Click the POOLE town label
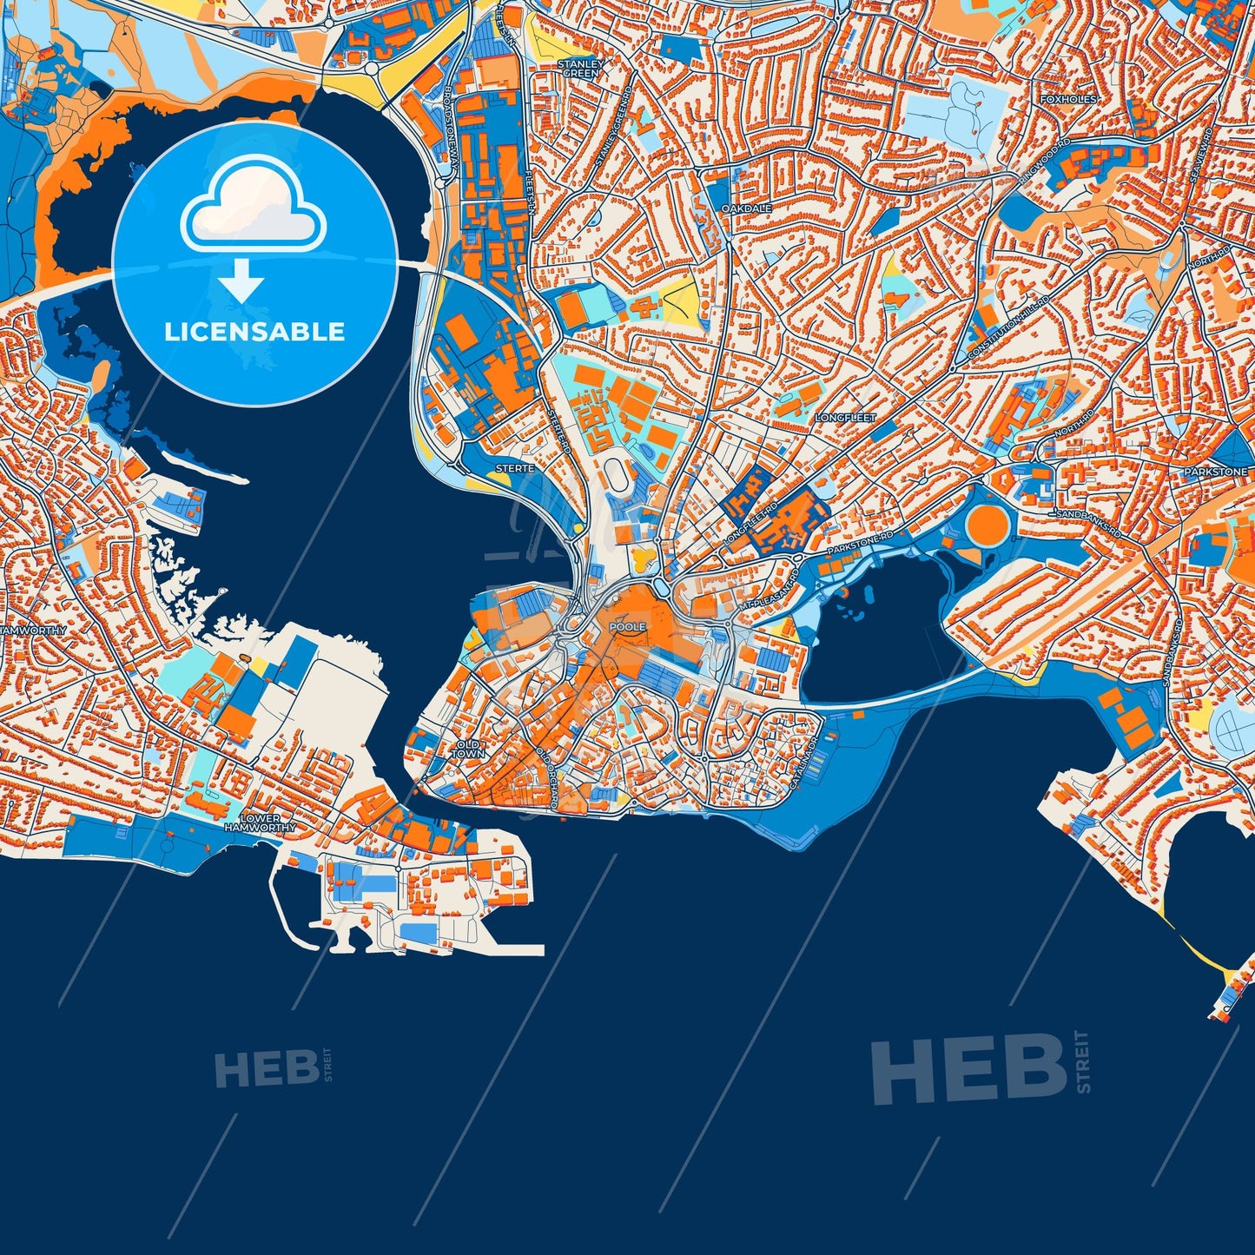coord(627,626)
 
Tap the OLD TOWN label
coord(467,750)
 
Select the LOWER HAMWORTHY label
coord(260,823)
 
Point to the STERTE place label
coord(514,468)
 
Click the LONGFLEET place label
coord(845,418)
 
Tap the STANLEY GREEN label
coord(579,69)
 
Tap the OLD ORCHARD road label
coord(545,777)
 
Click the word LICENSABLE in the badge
coord(254,331)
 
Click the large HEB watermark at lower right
coord(968,1068)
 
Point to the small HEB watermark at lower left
coord(266,1069)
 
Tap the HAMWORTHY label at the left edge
coord(32,630)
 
